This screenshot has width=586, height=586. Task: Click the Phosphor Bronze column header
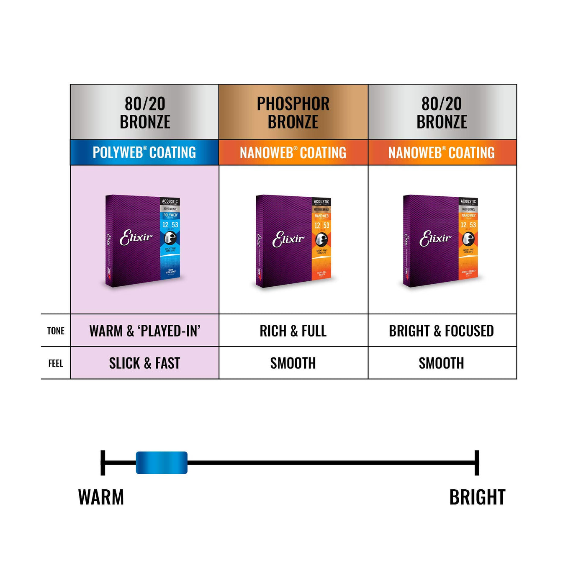293,112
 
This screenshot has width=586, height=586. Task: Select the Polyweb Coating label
144,152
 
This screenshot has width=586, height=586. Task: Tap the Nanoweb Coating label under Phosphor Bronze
293,153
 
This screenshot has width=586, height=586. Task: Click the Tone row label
56,331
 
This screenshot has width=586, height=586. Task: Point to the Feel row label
56,363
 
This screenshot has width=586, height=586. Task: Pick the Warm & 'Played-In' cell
145,331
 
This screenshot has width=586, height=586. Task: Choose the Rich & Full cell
293,331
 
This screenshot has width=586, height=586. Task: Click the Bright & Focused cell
442,331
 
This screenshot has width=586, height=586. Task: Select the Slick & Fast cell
145,363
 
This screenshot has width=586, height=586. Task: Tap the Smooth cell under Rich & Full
293,363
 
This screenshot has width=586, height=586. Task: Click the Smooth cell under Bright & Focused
442,363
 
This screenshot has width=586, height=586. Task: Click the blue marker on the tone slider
162,463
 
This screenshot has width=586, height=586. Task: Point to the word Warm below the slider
101,497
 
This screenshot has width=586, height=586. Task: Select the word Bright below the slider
477,497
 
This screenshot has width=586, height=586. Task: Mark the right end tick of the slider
477,463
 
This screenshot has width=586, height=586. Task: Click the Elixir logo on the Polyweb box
136,238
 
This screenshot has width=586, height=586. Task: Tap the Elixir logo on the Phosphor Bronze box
288,239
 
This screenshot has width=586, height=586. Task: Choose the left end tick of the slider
103,463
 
